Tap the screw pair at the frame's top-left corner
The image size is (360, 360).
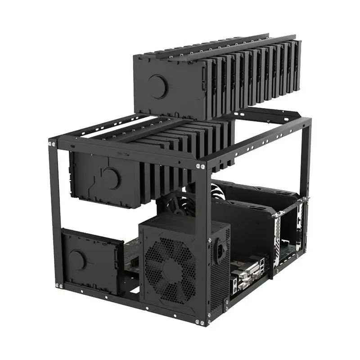tap(52, 144)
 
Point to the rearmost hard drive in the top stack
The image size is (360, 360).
tap(295, 67)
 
